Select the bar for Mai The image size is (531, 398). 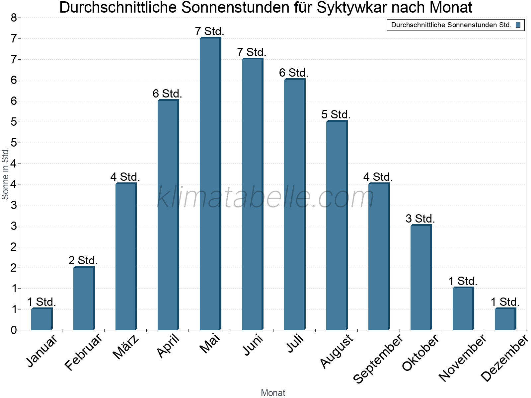[210, 184]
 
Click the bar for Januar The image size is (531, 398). [41, 319]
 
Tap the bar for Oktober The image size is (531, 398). [421, 278]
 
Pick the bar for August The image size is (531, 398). [337, 226]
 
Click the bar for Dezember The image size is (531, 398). [505, 319]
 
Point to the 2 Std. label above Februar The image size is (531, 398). [83, 261]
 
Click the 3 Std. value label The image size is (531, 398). [420, 219]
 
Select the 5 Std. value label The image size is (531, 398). [336, 115]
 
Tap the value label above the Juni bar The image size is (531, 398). [252, 52]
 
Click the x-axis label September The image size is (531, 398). [378, 358]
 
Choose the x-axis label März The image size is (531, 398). [126, 347]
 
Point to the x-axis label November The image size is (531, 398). [463, 358]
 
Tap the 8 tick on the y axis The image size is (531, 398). [14, 18]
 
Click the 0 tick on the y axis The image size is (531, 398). [14, 330]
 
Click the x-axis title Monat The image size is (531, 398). [273, 393]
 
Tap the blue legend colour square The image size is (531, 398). [518, 25]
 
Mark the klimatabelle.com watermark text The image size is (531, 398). [265, 197]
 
